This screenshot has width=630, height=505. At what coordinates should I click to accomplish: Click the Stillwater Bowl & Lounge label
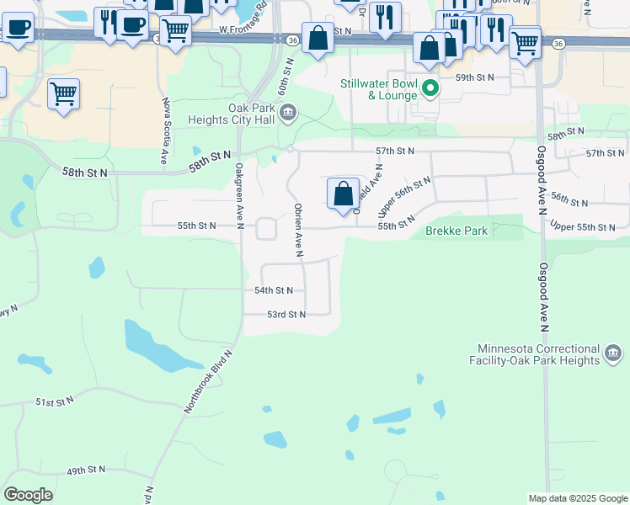coord(378,89)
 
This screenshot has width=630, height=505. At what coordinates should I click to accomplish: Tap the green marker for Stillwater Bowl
coord(430,88)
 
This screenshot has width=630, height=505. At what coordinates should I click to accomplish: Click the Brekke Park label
coord(456,231)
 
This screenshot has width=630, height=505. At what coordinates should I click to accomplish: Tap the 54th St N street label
coord(274,290)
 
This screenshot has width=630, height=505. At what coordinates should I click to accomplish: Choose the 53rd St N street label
coord(286,315)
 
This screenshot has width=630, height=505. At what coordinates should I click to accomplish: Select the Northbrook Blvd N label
coord(209,383)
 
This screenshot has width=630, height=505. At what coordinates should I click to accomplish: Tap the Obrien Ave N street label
coord(298,229)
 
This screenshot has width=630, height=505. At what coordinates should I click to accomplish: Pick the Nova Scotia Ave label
coord(165,130)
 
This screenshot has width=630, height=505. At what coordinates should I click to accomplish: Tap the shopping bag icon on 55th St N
coord(343,194)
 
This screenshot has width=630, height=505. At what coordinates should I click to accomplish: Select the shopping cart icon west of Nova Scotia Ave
coord(63,93)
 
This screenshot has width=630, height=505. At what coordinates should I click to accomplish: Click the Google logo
coord(28,495)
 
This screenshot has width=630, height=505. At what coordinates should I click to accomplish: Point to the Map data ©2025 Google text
coord(578,498)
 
